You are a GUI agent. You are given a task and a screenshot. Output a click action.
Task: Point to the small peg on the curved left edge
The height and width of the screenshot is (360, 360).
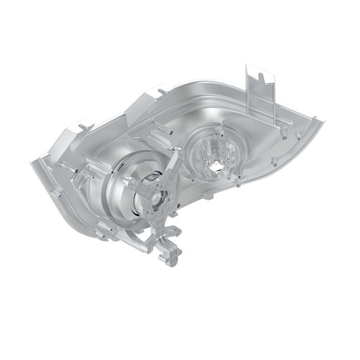click(58, 193)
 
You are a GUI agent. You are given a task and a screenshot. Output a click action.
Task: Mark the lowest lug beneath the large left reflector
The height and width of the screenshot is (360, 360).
click(102, 235)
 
